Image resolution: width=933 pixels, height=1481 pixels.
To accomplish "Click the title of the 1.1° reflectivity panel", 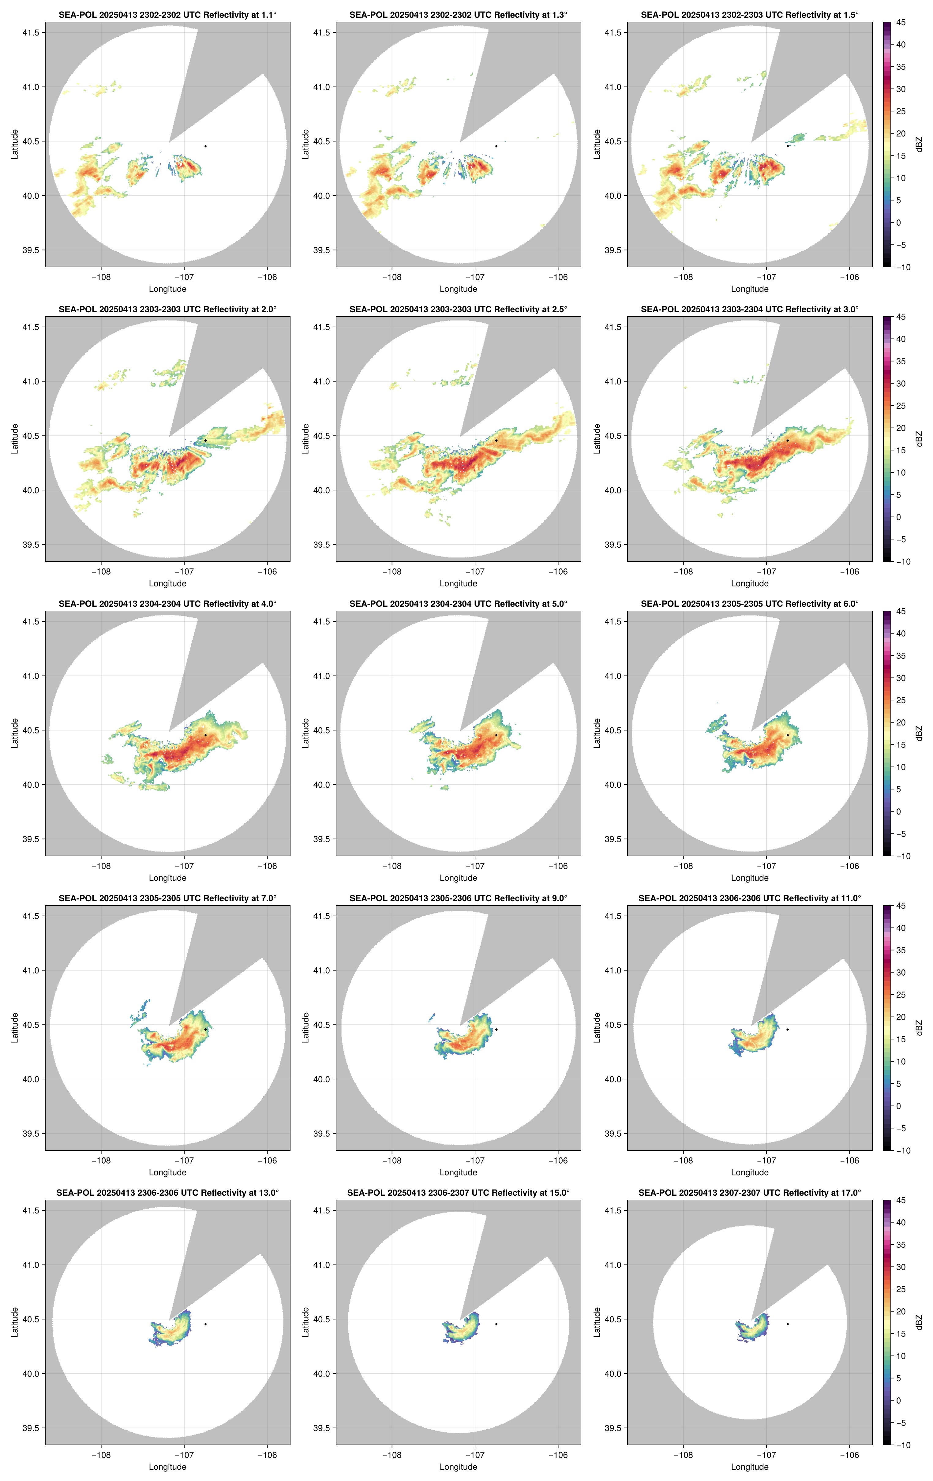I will click(x=167, y=15).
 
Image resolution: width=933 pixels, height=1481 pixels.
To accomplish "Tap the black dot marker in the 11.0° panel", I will click(x=787, y=1029).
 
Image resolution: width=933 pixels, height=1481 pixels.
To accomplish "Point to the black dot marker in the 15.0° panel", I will click(x=496, y=1324).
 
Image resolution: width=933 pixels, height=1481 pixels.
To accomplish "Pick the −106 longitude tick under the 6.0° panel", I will click(x=849, y=866).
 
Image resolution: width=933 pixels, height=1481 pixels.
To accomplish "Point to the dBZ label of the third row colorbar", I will click(x=919, y=733).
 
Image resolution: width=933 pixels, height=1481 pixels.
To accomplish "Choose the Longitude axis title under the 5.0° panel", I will click(x=458, y=878).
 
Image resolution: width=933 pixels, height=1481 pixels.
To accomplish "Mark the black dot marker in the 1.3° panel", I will click(x=496, y=146).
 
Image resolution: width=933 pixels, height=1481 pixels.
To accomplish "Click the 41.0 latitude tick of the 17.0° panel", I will click(x=613, y=1265).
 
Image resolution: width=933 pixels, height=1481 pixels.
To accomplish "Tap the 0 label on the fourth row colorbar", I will click(x=898, y=1106).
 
